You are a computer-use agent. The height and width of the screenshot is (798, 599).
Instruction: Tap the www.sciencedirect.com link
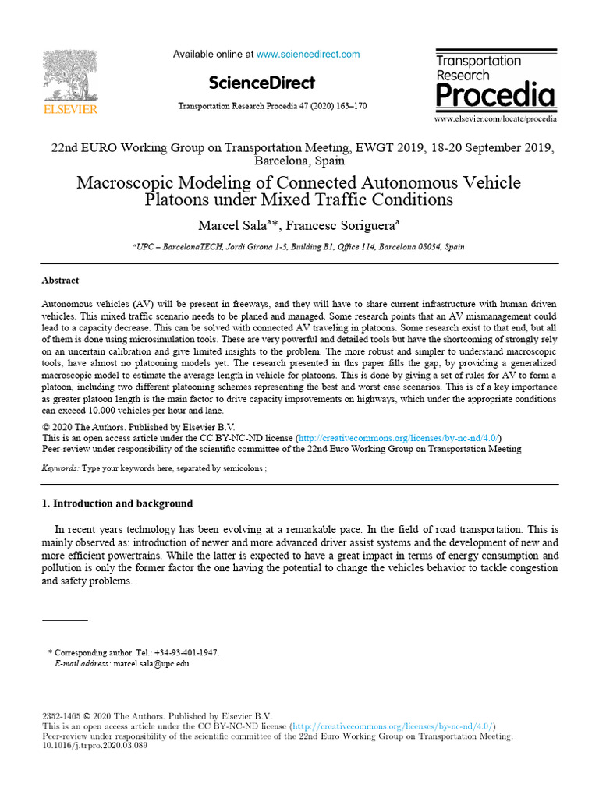[x=308, y=55]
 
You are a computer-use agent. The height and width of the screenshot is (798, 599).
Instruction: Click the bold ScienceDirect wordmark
[x=262, y=83]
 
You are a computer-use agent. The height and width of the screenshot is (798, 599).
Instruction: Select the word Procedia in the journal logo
[x=494, y=95]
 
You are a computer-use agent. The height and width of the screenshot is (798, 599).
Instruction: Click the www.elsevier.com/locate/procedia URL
[x=495, y=119]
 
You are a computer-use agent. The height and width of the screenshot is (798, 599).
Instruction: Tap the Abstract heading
[x=60, y=281]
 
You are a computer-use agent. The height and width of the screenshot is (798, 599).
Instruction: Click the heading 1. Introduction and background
[x=117, y=503]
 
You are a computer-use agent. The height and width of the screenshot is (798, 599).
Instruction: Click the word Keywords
[x=59, y=468]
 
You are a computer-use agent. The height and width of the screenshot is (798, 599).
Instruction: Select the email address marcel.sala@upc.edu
[x=151, y=664]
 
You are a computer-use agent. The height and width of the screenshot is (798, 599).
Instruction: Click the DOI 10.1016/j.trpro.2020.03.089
[x=94, y=746]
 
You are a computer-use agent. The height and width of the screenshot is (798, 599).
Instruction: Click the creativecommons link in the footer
[x=392, y=726]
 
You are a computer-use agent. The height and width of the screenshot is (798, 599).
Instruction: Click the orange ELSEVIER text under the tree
[x=70, y=110]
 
